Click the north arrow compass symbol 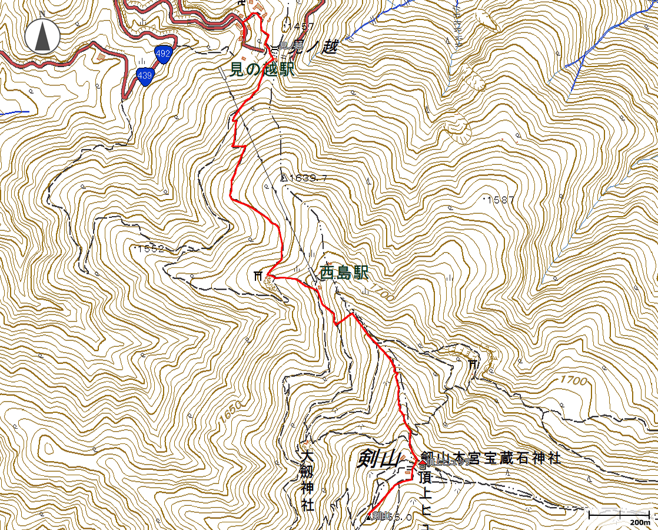[x=42, y=36]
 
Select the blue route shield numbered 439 [x=144, y=75]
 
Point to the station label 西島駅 [x=344, y=273]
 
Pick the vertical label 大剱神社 [x=306, y=481]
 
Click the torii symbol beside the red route [x=257, y=276]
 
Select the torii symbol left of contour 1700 [x=473, y=365]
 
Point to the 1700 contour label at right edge [x=574, y=380]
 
